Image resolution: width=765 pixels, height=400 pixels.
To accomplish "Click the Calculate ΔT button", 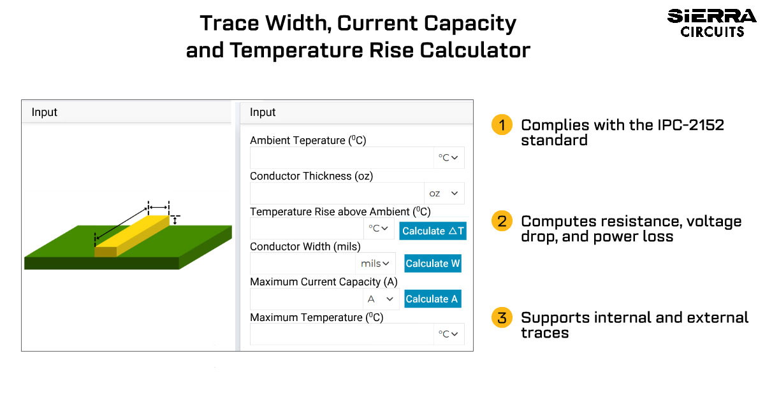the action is tap(433, 231).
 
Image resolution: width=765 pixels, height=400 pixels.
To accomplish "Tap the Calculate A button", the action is tap(433, 299).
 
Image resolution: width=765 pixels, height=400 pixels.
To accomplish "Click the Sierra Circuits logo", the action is tap(711, 23).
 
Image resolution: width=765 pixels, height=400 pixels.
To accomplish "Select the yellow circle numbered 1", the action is tap(502, 125).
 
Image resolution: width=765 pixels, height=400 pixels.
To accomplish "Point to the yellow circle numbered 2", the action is tap(502, 221).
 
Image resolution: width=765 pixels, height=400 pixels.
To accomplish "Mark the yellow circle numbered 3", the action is tap(502, 317).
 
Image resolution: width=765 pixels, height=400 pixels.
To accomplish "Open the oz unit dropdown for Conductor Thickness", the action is tap(444, 193).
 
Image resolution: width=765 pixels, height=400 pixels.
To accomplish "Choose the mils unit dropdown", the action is tap(375, 264).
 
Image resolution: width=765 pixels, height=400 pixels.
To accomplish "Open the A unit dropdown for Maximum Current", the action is tap(381, 299).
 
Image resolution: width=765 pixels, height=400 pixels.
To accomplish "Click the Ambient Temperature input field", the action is tap(342, 158).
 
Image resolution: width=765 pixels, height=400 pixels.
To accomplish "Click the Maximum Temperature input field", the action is tap(342, 334).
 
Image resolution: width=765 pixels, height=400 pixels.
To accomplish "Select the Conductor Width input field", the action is tap(303, 264).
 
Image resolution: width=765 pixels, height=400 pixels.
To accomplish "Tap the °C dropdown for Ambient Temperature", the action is tap(449, 158).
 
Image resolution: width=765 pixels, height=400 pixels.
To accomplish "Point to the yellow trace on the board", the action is tap(132, 236).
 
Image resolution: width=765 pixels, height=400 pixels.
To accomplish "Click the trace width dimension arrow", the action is tap(159, 207).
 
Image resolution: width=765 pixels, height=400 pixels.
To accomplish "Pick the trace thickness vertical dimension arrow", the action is tap(175, 220).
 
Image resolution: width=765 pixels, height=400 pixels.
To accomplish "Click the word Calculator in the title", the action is tap(475, 50).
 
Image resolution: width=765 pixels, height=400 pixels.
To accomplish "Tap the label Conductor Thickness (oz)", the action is tap(312, 176).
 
